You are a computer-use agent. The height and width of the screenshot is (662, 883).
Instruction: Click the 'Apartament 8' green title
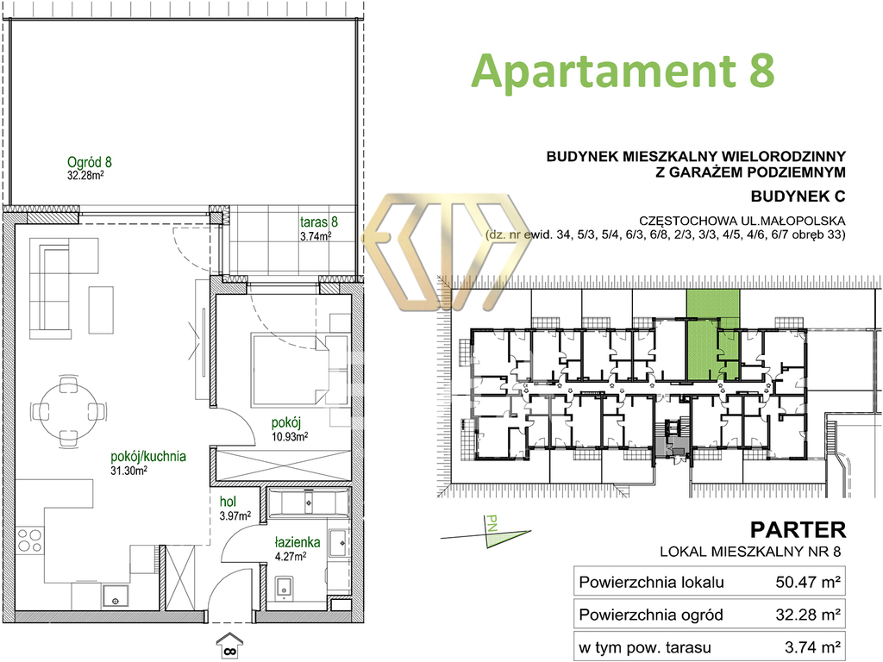(623, 72)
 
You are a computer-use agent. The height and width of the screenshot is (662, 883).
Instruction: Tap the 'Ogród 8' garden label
(89, 162)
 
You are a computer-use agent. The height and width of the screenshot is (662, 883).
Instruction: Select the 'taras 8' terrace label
(319, 222)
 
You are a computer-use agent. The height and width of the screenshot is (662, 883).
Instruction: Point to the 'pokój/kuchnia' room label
(148, 457)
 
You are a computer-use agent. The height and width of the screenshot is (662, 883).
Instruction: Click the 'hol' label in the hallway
(228, 502)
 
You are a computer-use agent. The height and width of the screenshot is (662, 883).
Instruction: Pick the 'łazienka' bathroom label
(297, 542)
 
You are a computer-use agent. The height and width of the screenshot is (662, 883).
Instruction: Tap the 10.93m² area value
(290, 435)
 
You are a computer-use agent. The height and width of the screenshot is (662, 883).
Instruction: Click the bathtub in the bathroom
(309, 503)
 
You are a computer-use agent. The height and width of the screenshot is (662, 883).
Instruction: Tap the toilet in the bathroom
(283, 587)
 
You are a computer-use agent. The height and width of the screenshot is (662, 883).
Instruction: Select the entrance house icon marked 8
(229, 645)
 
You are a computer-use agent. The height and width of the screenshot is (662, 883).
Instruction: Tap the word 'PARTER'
(798, 530)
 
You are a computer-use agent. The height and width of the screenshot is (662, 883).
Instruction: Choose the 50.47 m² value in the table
(808, 582)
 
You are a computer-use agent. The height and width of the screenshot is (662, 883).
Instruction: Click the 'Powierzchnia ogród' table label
(651, 615)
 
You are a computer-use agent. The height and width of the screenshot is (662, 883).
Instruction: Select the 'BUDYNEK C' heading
(798, 197)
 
